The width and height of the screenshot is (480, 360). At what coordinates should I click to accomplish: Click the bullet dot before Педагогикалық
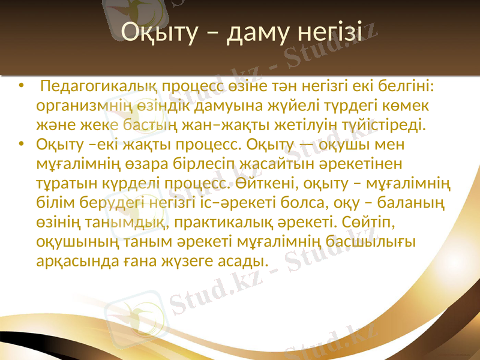22,87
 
